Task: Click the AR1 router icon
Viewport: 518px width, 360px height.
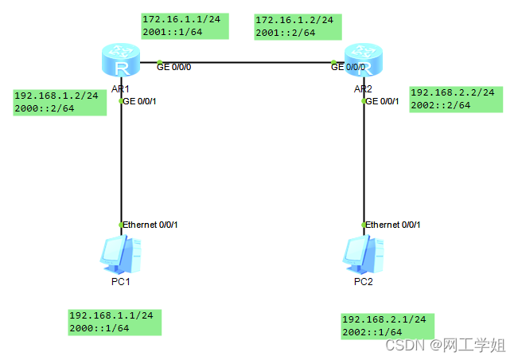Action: pyautogui.click(x=122, y=61)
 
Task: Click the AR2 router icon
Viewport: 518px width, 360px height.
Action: pyautogui.click(x=364, y=61)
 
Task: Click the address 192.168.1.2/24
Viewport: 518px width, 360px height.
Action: pyautogui.click(x=56, y=96)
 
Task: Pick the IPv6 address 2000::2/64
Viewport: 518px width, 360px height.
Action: pyautogui.click(x=45, y=109)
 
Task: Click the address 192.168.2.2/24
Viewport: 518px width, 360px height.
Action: pyautogui.click(x=452, y=92)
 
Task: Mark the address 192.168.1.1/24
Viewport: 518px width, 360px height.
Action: pyautogui.click(x=111, y=315)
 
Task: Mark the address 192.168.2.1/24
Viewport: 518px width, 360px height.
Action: pyautogui.click(x=384, y=319)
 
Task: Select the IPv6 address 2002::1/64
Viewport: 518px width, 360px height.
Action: pyautogui.click(x=372, y=333)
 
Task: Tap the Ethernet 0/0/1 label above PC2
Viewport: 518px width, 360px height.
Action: pyautogui.click(x=394, y=225)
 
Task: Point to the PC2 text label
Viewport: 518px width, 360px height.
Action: pyautogui.click(x=364, y=282)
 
